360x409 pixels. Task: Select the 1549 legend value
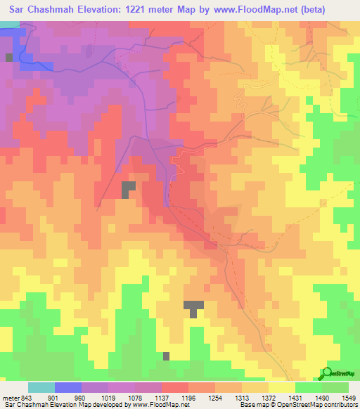coord(350,397)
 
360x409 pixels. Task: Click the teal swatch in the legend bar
coord(41,387)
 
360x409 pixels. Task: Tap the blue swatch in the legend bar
coord(68,387)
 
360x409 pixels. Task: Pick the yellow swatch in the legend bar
coord(282,387)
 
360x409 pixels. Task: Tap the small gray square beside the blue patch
coord(9,57)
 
